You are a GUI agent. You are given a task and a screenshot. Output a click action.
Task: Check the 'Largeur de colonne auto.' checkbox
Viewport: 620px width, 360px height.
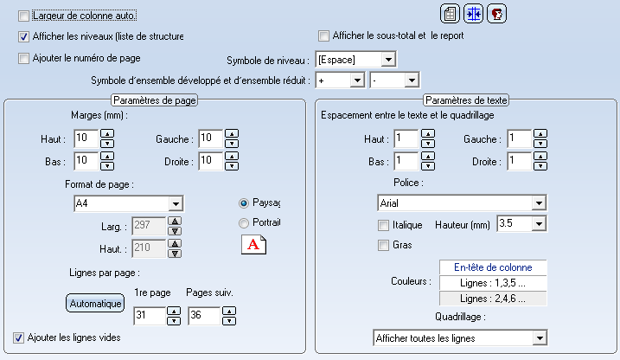coord(23,16)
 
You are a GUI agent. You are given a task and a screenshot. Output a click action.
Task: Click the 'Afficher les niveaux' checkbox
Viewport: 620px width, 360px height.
coord(23,37)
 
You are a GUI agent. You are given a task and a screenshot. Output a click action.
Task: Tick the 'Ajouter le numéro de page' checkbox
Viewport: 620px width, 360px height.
coord(23,59)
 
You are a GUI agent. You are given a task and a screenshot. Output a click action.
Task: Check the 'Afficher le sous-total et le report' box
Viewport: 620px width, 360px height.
coord(323,36)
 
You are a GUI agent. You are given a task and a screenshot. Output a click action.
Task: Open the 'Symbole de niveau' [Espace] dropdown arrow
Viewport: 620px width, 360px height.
coord(388,60)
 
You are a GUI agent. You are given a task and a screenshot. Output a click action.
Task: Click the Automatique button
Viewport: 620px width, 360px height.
coord(95,304)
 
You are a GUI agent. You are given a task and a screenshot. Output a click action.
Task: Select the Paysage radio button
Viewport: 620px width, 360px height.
coord(244,203)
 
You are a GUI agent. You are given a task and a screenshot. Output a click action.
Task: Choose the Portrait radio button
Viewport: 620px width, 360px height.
coord(244,223)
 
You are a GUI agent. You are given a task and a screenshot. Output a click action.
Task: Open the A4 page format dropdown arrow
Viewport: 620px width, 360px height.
coord(176,204)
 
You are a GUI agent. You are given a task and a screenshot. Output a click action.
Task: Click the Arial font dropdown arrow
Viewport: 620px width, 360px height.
coord(539,203)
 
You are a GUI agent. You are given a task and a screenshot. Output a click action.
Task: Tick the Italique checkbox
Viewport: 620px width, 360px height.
coord(383,226)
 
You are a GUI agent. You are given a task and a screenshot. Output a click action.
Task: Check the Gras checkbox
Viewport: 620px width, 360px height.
coord(383,246)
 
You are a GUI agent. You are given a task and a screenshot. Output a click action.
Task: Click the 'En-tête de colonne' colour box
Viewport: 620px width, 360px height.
coord(493,267)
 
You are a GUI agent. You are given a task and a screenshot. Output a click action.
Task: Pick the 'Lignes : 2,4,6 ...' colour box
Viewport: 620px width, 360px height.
coord(493,299)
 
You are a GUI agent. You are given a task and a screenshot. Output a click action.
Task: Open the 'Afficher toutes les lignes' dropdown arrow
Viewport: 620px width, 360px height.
coord(540,338)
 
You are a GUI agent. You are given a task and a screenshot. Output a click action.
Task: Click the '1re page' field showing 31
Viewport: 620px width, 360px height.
coord(150,316)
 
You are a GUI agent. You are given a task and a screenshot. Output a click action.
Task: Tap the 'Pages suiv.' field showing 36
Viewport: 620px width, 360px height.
coord(204,316)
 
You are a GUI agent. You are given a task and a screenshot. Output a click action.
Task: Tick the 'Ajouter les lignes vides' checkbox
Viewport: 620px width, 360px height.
coord(18,337)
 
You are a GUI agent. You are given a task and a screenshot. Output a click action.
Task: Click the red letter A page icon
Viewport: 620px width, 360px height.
coord(253,245)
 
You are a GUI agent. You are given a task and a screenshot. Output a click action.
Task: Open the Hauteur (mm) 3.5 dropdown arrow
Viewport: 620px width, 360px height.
coord(539,224)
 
